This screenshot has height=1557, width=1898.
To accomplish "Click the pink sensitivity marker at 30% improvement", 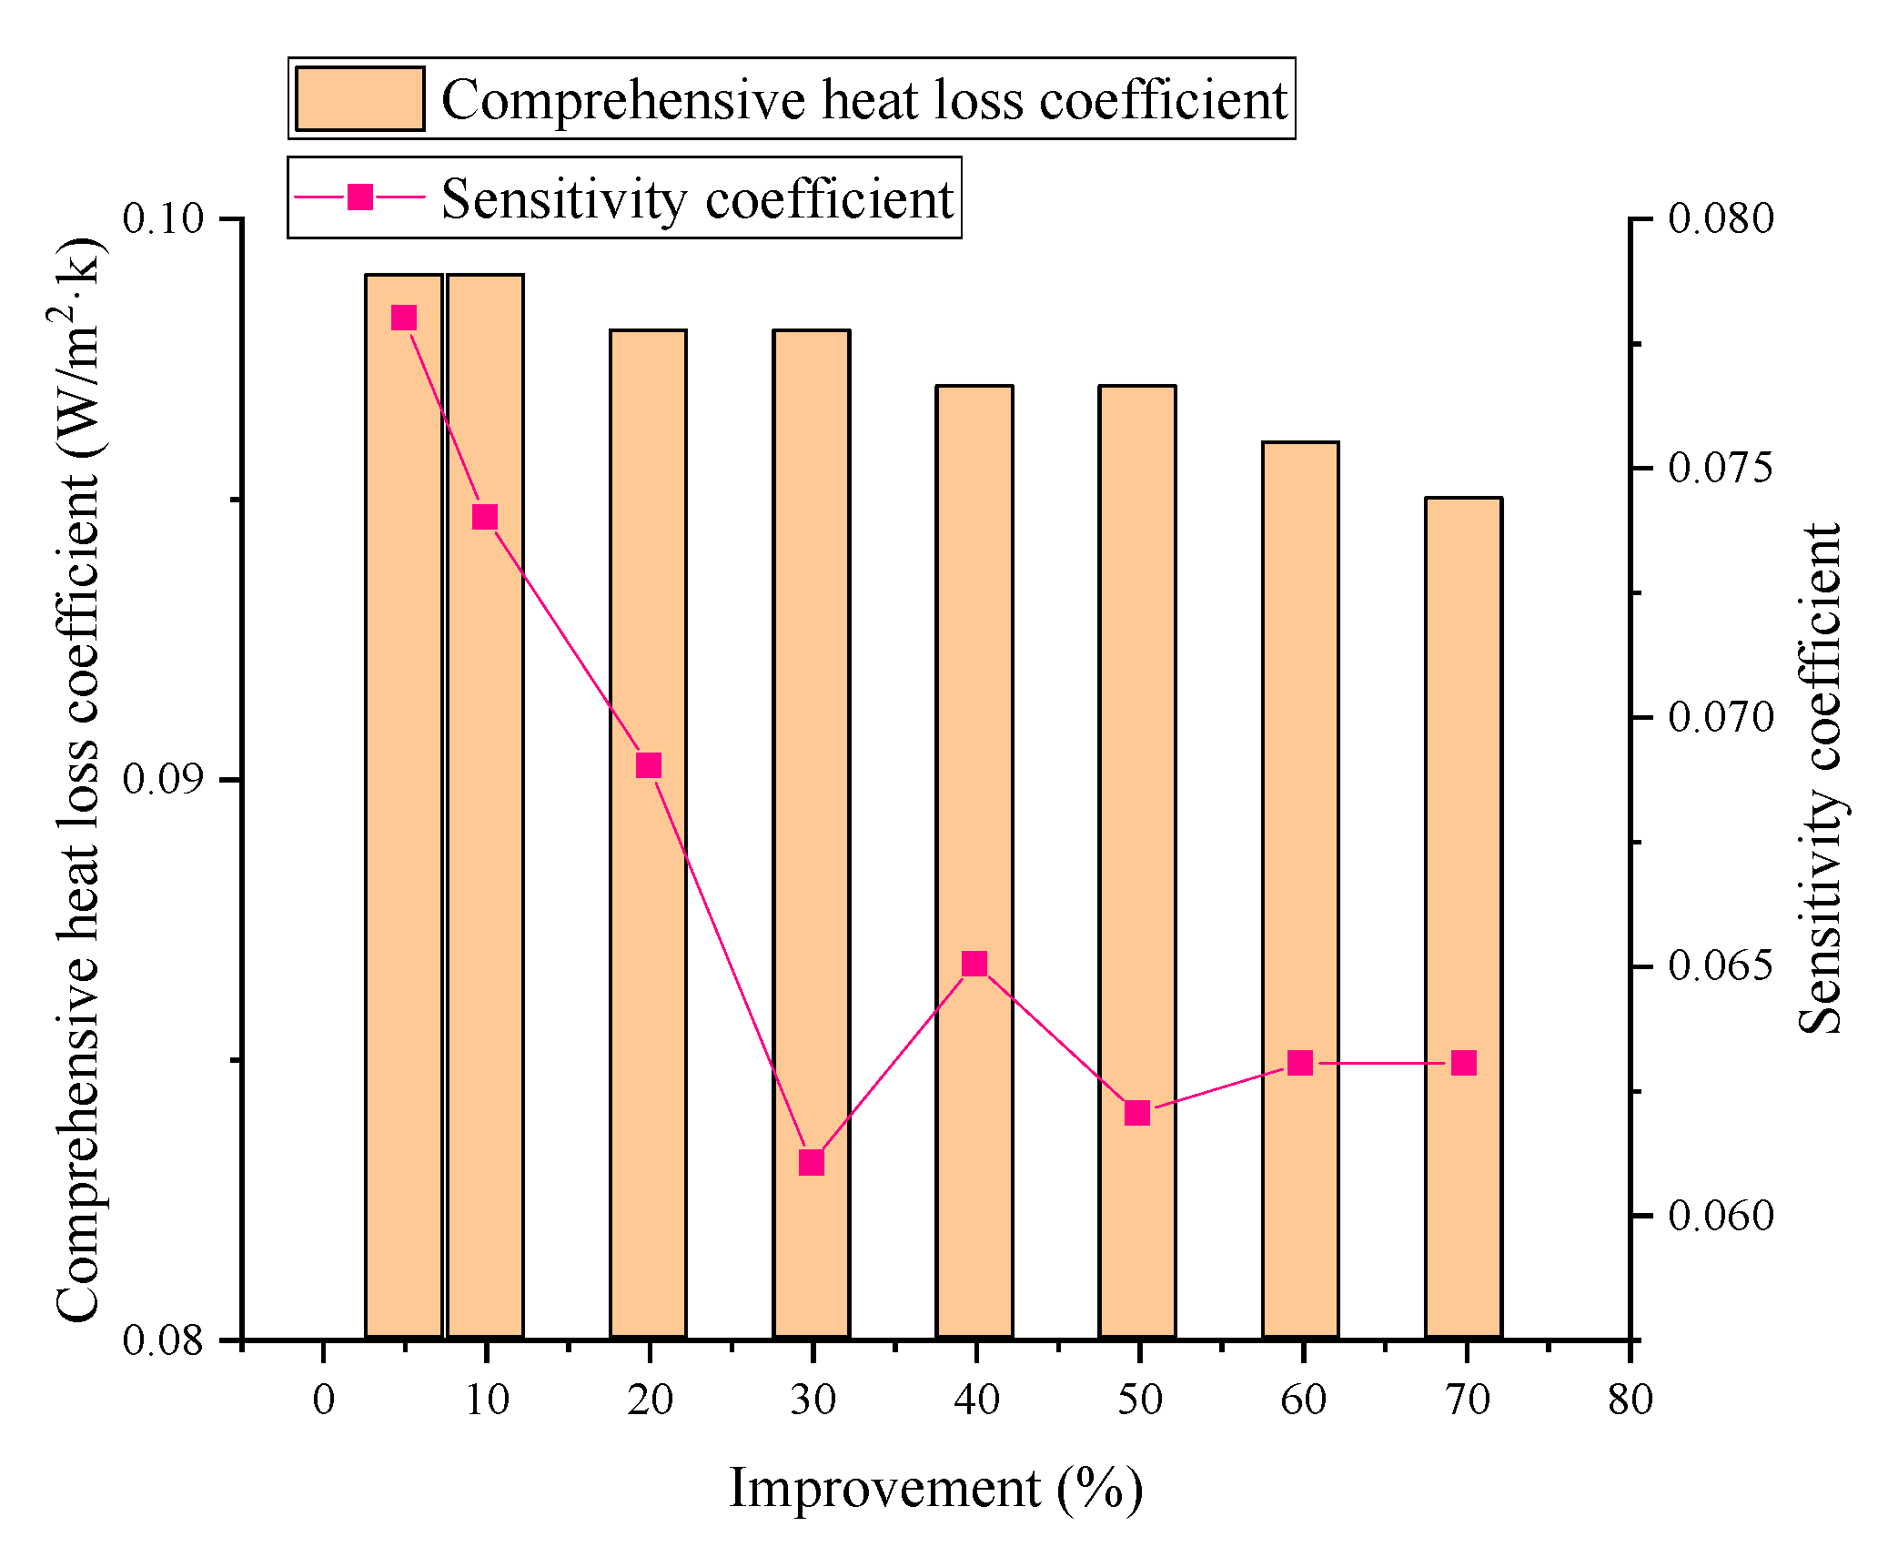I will tap(811, 1162).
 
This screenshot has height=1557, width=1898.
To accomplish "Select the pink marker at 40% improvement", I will tap(974, 964).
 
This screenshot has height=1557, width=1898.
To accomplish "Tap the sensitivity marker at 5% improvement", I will tap(404, 318).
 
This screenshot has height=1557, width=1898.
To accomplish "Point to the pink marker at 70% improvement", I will tap(1464, 1063).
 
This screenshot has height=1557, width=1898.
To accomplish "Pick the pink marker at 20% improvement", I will tap(648, 765).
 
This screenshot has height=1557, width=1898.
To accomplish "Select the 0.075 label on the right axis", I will tap(1721, 468).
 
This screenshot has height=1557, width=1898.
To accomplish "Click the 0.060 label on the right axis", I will tap(1721, 1216).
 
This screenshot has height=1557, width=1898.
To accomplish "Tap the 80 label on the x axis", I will tap(1630, 1400).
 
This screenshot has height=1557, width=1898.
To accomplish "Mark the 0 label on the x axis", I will tap(324, 1400).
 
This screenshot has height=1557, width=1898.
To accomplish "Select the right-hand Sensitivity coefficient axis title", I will tap(1821, 779).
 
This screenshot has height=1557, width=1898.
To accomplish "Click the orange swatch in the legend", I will tap(359, 98).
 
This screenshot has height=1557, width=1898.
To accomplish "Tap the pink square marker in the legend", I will tap(360, 197).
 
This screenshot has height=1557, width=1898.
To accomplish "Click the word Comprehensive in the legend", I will tap(623, 100).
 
